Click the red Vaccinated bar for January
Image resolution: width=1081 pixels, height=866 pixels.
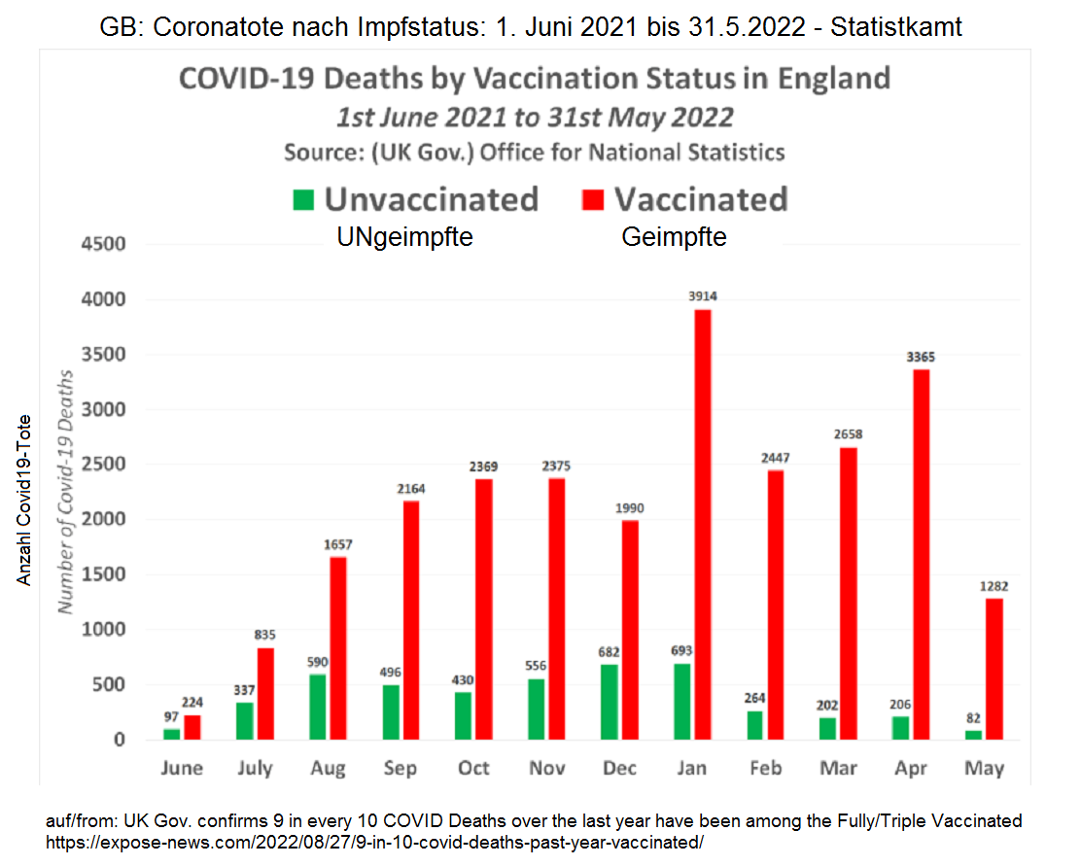coord(702,525)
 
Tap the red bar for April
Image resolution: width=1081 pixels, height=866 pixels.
coord(921,554)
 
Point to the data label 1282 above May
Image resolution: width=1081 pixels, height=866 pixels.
coord(994,586)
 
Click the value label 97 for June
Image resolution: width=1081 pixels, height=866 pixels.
coord(171,715)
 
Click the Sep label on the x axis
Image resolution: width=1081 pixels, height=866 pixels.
coord(401,769)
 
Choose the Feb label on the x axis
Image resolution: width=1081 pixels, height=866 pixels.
coord(765,769)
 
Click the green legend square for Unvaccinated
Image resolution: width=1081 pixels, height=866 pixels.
coord(303,200)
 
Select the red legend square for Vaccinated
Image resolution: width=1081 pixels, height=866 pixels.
coord(593,200)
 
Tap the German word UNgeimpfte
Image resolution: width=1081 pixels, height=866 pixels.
coord(404,237)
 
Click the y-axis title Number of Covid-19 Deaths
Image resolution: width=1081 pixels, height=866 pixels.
coord(66,491)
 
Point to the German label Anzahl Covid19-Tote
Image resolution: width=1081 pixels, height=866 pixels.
coord(24,500)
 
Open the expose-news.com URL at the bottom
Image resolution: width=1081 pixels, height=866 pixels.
coord(374,842)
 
